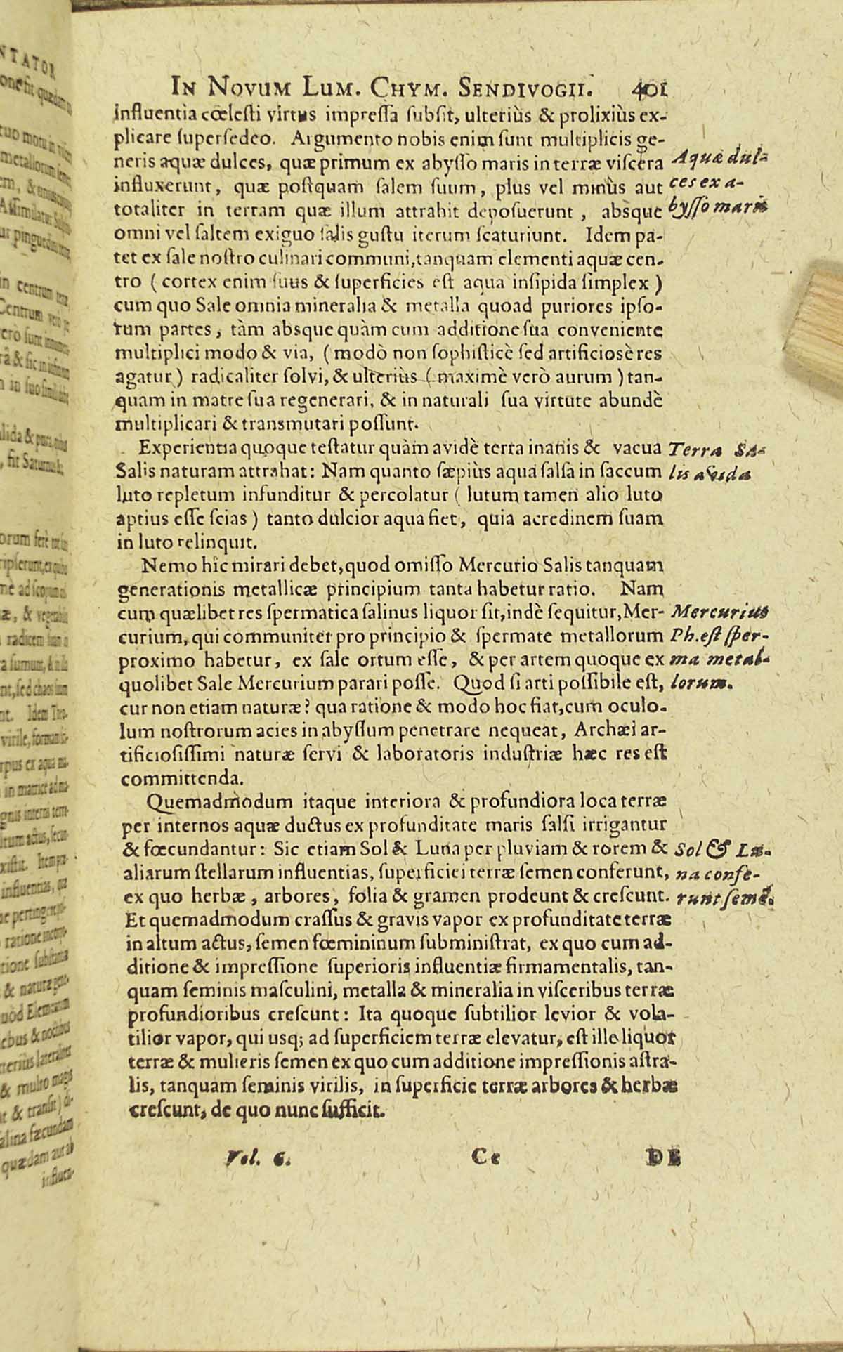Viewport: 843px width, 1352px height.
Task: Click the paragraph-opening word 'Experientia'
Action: click(184, 449)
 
